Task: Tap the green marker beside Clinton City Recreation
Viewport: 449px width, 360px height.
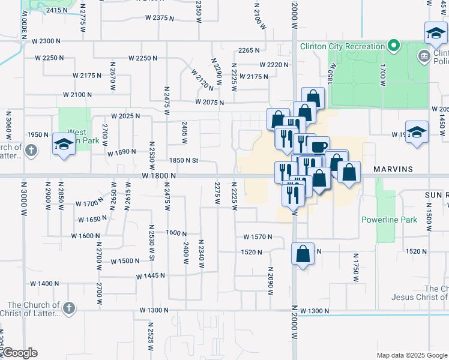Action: click(394, 46)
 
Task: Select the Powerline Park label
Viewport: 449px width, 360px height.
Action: click(389, 220)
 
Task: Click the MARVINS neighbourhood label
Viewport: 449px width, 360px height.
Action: click(394, 170)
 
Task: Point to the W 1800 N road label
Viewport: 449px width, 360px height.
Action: click(159, 175)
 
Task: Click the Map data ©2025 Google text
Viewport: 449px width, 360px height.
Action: click(412, 355)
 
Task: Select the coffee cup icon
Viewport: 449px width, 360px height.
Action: click(318, 146)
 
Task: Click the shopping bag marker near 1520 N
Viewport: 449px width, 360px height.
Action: click(303, 253)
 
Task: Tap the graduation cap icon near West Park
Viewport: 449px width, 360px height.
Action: click(64, 144)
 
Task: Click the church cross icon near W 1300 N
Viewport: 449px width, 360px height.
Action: click(69, 308)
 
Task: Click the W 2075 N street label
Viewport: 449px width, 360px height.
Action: click(209, 103)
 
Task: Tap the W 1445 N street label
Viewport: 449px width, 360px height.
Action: click(151, 276)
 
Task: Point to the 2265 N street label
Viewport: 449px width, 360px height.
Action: click(249, 51)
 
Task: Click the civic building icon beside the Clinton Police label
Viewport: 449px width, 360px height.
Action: click(424, 56)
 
